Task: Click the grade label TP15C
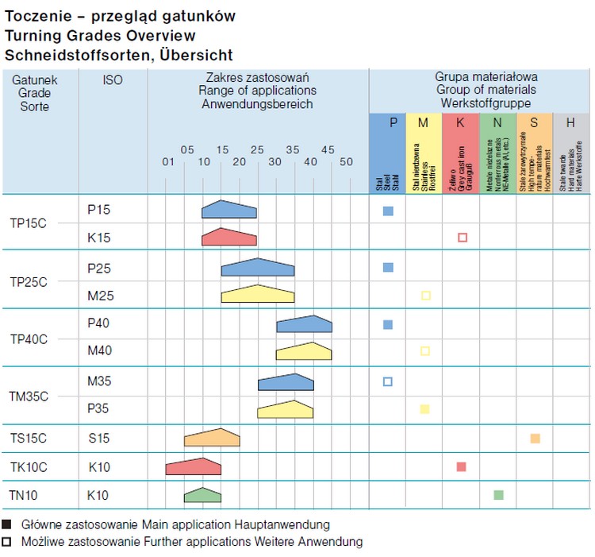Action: (x=29, y=223)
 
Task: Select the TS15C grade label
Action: (x=29, y=438)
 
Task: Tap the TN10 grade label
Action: (x=24, y=496)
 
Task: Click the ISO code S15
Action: (x=98, y=438)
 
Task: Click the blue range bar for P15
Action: (x=229, y=210)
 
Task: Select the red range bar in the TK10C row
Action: (x=194, y=466)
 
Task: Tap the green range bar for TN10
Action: (x=203, y=495)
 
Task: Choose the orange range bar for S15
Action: (x=212, y=438)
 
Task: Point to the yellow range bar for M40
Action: (x=304, y=351)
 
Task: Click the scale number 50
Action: (x=346, y=162)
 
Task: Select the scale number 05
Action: (x=187, y=149)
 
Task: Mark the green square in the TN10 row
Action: (x=498, y=495)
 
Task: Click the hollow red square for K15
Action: (x=463, y=238)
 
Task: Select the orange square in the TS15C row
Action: (x=535, y=439)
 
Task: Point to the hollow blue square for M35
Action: (x=388, y=381)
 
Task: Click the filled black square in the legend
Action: (x=7, y=524)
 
